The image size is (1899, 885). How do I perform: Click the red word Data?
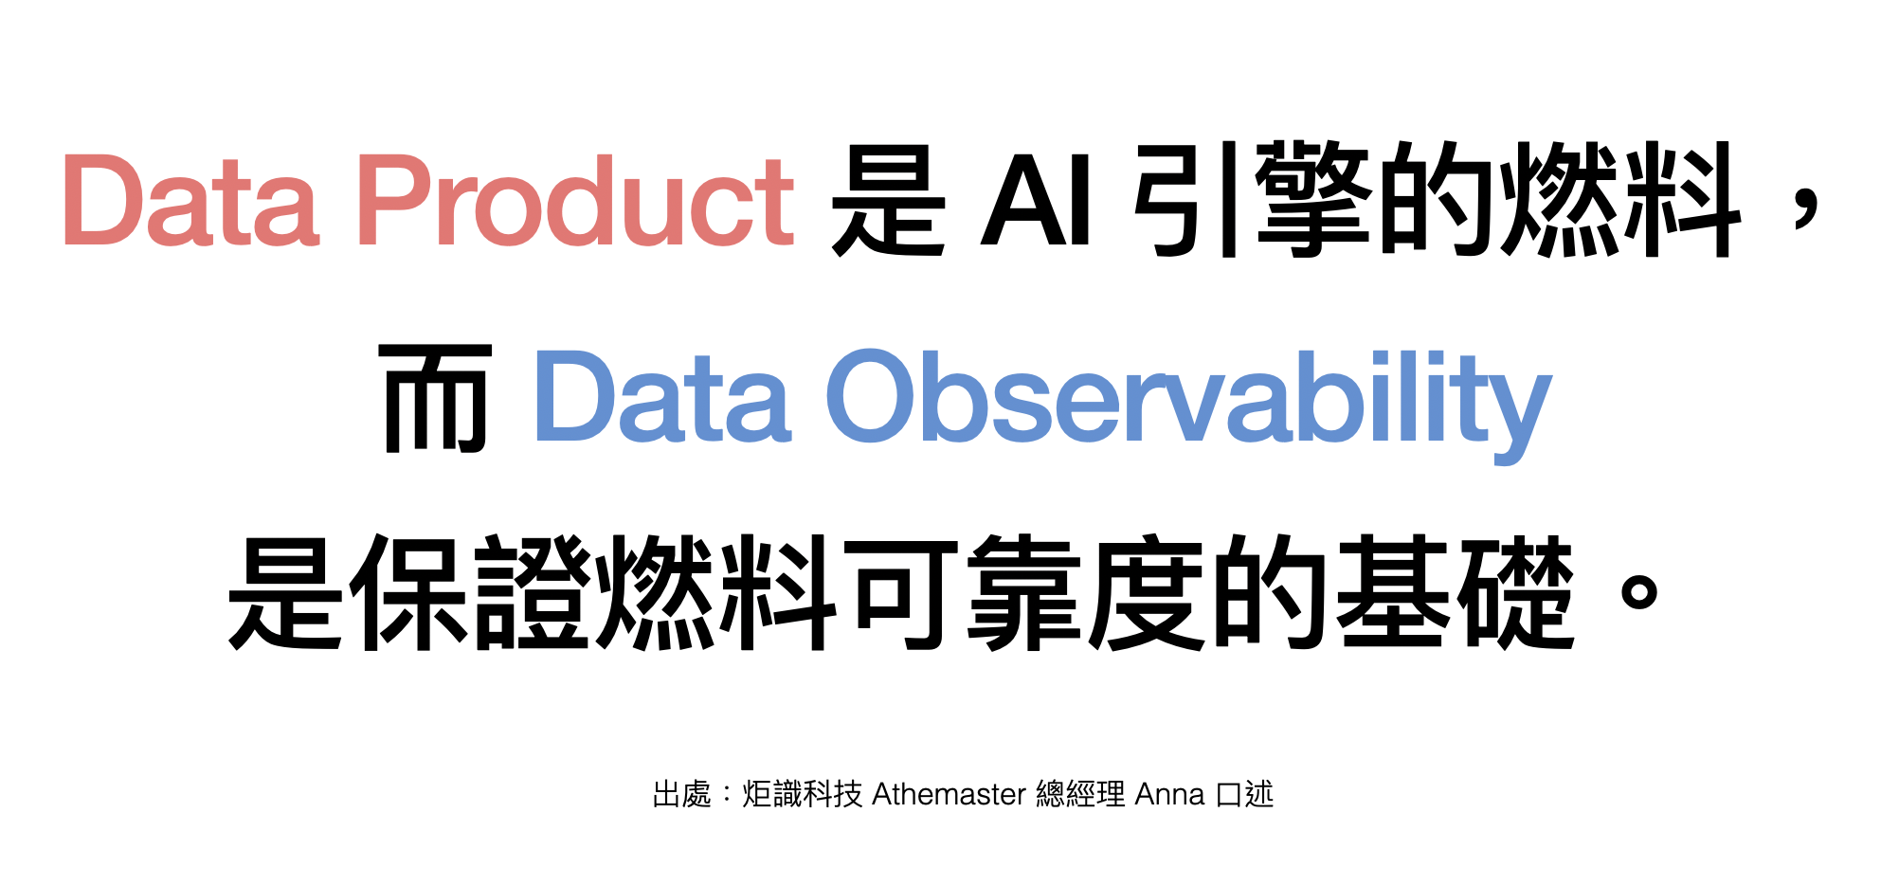click(x=190, y=199)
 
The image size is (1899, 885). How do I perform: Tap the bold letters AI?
click(x=1037, y=199)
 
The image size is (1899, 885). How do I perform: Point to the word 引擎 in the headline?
click(x=1252, y=199)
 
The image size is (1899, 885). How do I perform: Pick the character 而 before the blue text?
click(x=435, y=398)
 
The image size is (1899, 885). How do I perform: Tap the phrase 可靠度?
click(x=1028, y=592)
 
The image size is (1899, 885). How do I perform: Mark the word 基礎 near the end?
click(x=1455, y=592)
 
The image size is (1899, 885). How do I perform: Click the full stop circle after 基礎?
click(x=1639, y=592)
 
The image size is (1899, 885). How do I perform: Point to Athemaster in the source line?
click(x=949, y=793)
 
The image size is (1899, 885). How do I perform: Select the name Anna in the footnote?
click(x=1169, y=794)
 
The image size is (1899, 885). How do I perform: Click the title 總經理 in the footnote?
click(x=1080, y=794)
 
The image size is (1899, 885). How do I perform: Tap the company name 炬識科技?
click(x=802, y=794)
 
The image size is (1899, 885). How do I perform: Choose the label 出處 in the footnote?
click(x=681, y=794)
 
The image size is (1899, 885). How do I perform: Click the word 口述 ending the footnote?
click(x=1244, y=794)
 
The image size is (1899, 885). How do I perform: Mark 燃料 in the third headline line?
click(x=715, y=592)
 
